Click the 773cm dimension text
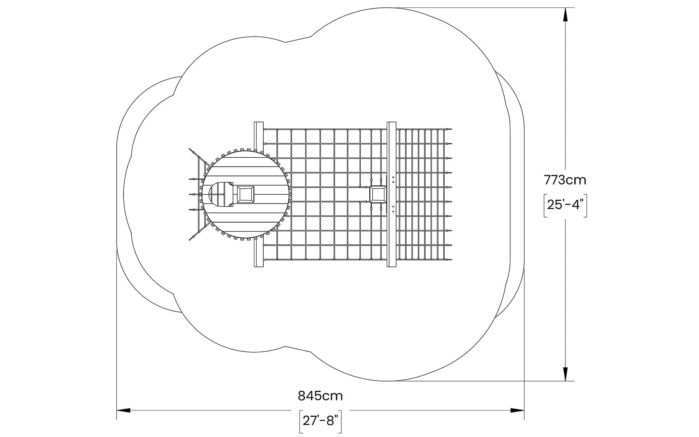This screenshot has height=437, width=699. click(x=565, y=180)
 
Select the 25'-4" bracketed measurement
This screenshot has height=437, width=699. click(x=565, y=204)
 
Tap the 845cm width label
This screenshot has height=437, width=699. click(x=320, y=396)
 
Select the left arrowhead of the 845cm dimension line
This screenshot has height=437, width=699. click(x=123, y=410)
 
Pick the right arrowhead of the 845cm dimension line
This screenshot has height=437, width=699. click(x=517, y=410)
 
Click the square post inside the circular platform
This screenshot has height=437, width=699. click(x=245, y=194)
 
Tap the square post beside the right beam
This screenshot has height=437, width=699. click(x=378, y=194)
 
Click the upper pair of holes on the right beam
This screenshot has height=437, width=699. click(x=393, y=179)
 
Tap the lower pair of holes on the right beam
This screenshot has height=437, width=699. click(x=393, y=209)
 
